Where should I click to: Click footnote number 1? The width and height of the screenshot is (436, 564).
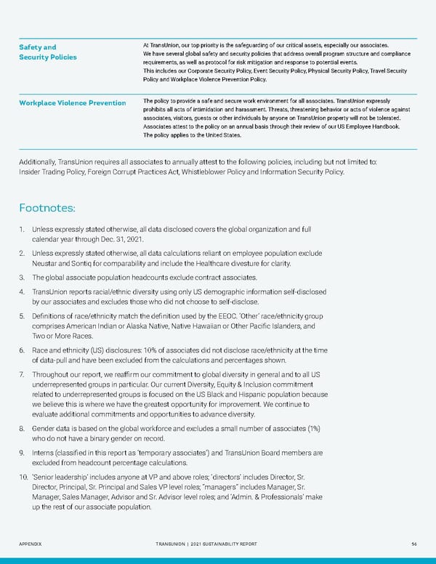pyautogui.click(x=23, y=230)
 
